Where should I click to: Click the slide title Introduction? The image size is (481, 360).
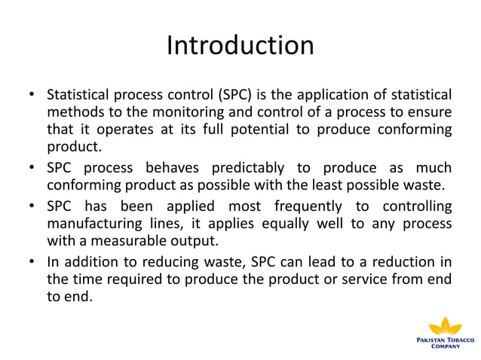(x=240, y=46)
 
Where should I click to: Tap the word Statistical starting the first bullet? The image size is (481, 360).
(x=78, y=96)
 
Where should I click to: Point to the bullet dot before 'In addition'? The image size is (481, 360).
(x=32, y=263)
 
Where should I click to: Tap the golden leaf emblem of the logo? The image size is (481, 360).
(x=445, y=326)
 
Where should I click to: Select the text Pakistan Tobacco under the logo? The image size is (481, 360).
(x=445, y=340)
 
